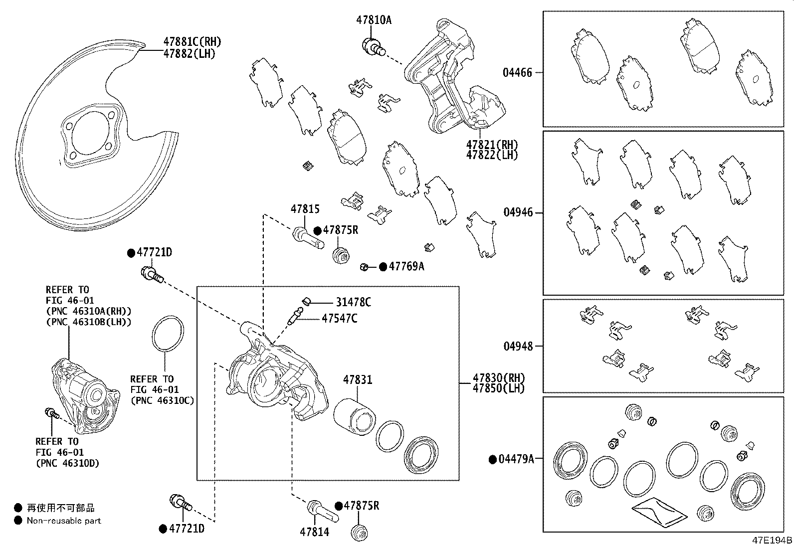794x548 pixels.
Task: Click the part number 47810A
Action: point(374,20)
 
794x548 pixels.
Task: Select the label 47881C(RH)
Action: point(192,42)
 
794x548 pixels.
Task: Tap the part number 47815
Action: point(305,209)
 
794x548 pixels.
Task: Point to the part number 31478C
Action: point(353,302)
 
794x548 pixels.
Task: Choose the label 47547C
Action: point(339,318)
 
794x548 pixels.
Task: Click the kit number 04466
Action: point(517,73)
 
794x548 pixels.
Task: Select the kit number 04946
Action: point(518,212)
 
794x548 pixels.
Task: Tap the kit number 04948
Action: point(518,346)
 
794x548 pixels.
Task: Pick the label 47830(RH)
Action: point(499,378)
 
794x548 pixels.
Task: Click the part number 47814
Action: point(314,532)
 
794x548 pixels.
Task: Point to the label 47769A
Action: point(406,266)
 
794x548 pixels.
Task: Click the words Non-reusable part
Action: point(64,521)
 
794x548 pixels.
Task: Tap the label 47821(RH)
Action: point(492,145)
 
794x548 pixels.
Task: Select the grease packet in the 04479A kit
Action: point(659,511)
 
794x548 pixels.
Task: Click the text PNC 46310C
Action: point(162,400)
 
